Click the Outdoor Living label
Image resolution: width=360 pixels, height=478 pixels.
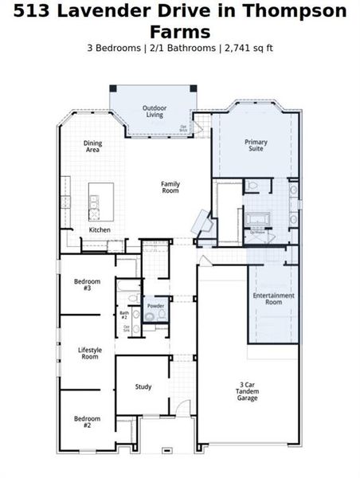[155, 112]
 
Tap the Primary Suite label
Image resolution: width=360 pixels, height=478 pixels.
[256, 146]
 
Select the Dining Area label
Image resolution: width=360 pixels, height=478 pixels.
[93, 147]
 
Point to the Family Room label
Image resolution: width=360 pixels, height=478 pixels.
[170, 188]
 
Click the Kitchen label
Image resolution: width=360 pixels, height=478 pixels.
[100, 230]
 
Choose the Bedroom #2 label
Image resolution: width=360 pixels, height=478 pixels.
[88, 421]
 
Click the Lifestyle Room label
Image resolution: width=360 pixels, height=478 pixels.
[88, 354]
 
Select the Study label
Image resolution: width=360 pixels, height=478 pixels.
[143, 387]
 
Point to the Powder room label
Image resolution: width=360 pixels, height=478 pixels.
[155, 306]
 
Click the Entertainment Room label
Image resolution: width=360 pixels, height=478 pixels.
[273, 299]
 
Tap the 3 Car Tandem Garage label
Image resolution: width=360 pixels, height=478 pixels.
[247, 392]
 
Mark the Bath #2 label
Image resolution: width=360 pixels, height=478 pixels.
[124, 315]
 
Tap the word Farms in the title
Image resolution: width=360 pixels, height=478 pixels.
[180, 31]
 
